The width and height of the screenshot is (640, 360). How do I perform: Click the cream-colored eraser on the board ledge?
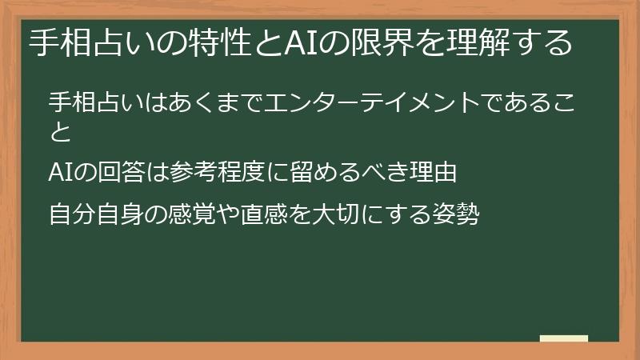(x=563, y=338)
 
